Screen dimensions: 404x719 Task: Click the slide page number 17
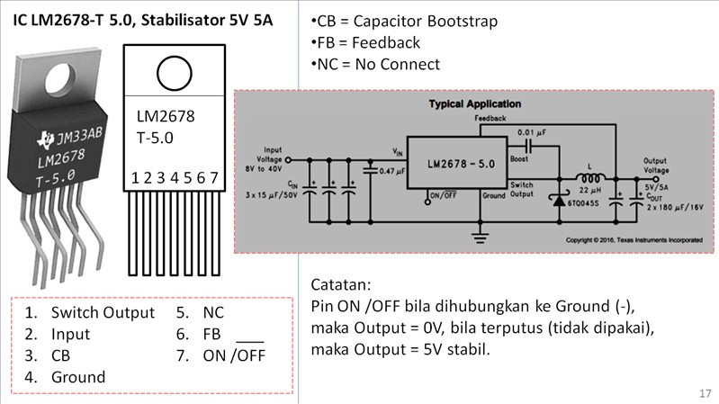(x=704, y=393)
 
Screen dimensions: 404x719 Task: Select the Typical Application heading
(x=473, y=103)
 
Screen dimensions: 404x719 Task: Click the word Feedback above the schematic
(x=490, y=118)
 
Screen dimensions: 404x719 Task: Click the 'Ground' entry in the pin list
(x=78, y=377)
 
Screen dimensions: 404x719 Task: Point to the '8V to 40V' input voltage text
(x=272, y=167)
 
